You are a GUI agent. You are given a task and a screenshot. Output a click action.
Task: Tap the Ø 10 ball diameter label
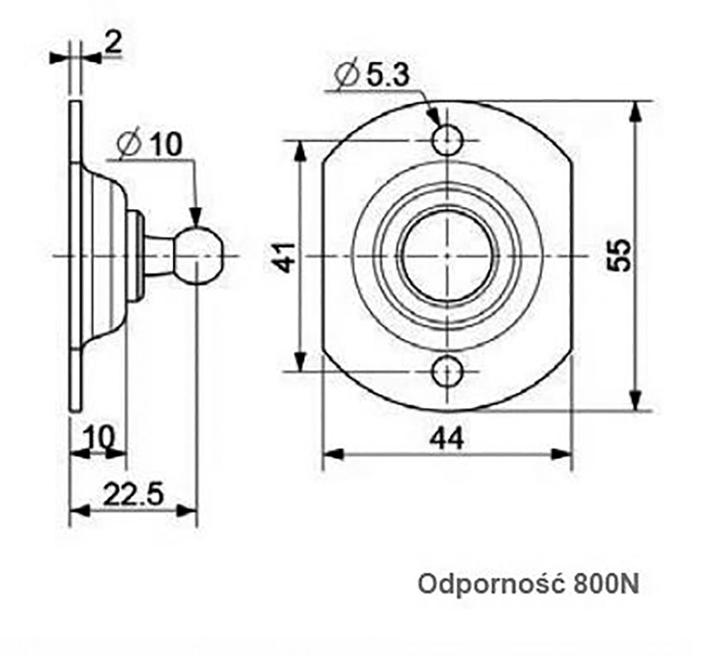(x=151, y=145)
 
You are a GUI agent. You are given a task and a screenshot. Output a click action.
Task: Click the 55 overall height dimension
(x=620, y=254)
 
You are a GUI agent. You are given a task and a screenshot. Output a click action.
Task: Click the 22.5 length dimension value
(x=133, y=494)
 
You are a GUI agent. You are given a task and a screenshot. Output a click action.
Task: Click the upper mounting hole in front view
(x=447, y=139)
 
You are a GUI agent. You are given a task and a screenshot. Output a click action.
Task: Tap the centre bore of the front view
(x=446, y=255)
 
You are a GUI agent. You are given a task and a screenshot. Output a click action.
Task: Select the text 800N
(x=606, y=583)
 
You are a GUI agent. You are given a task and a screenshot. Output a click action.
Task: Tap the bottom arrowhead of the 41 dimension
(x=301, y=361)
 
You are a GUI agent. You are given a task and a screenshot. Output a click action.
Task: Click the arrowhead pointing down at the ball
(x=196, y=217)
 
